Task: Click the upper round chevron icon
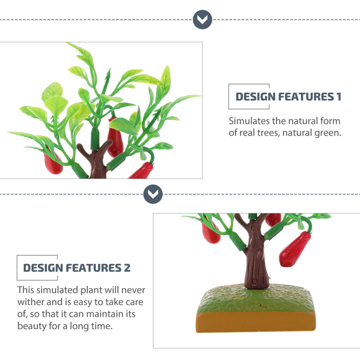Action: tap(202, 20)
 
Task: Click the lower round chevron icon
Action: tap(153, 194)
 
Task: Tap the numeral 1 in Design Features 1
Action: tap(339, 97)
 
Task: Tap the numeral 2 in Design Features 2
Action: tap(127, 268)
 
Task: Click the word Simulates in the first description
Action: tap(249, 121)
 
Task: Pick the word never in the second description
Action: tap(133, 290)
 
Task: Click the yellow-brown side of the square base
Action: tap(256, 322)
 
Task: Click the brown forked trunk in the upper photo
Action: tap(96, 160)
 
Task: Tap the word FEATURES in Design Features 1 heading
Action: tap(306, 97)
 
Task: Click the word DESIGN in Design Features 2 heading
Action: tap(43, 268)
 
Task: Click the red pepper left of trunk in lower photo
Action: tap(211, 231)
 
